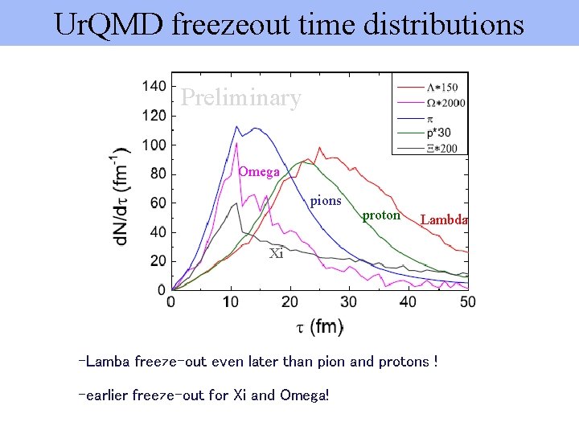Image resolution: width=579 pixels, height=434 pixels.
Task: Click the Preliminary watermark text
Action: tap(240, 97)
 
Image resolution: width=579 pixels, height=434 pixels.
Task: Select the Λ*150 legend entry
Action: tap(441, 87)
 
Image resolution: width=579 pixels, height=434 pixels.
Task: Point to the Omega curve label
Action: tap(259, 172)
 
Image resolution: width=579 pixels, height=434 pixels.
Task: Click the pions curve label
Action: tap(326, 200)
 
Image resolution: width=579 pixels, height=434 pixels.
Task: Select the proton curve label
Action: tap(381, 215)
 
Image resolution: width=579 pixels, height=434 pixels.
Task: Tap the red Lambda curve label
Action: tap(444, 219)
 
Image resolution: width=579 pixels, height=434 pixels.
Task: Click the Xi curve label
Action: tap(276, 253)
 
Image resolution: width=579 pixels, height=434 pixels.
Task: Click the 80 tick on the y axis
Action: tap(158, 174)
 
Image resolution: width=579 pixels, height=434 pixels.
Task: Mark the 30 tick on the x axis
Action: tap(349, 301)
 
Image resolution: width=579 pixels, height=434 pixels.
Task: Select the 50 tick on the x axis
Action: tap(467, 301)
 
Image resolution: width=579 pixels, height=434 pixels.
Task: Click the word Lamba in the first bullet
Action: tap(106, 362)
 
